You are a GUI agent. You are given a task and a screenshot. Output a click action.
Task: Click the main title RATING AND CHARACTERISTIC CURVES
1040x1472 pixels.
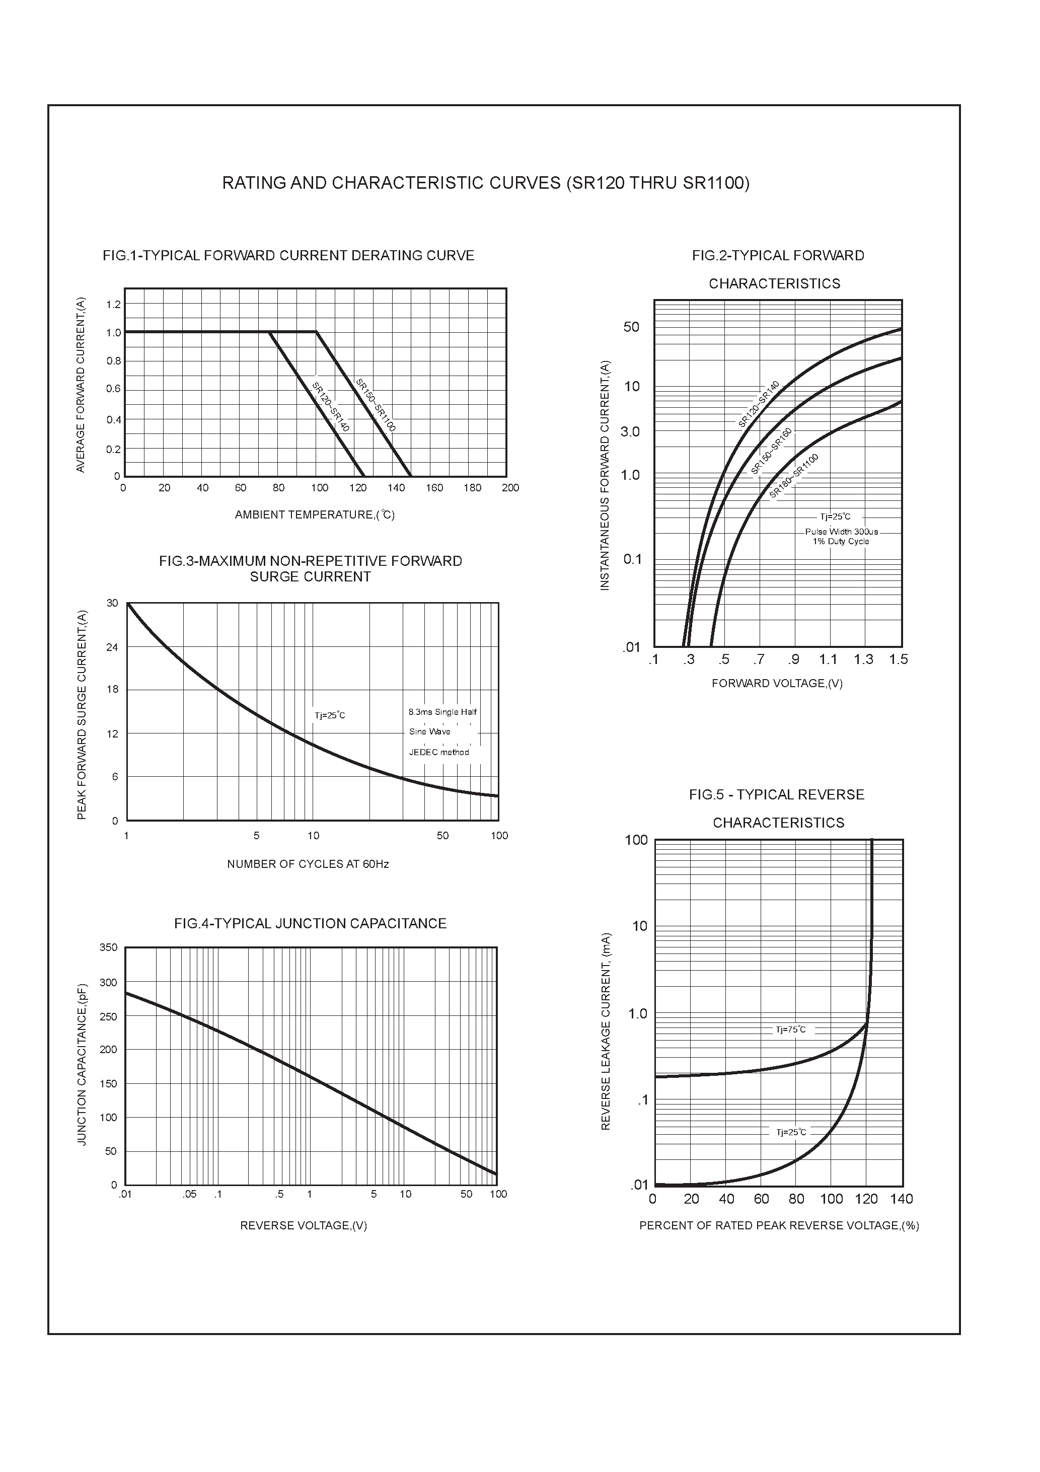485,183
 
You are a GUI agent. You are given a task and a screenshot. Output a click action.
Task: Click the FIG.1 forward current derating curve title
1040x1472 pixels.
288,256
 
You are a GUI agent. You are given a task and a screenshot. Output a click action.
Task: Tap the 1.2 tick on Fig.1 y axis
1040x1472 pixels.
113,305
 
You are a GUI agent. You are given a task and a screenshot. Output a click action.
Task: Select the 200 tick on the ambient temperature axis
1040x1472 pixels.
510,488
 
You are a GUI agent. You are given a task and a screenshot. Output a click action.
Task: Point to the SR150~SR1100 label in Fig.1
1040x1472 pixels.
376,405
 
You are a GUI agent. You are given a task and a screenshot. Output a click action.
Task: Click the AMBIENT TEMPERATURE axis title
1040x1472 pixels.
314,515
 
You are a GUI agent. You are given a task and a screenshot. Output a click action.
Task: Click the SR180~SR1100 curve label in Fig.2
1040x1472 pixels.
794,475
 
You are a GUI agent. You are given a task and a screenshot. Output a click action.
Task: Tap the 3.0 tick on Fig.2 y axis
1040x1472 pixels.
630,432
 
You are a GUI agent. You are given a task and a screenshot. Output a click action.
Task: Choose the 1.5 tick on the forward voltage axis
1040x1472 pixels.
899,659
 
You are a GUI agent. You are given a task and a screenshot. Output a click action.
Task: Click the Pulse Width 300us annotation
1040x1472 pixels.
841,532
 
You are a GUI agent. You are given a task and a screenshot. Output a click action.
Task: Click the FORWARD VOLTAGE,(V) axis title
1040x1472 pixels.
776,684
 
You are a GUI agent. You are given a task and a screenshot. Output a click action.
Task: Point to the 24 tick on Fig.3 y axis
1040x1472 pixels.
112,647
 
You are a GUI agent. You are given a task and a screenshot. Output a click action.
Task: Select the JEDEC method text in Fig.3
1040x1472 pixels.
439,753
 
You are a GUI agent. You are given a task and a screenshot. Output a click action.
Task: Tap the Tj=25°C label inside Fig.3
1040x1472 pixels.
330,715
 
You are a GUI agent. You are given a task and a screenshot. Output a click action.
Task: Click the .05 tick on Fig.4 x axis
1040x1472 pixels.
189,1195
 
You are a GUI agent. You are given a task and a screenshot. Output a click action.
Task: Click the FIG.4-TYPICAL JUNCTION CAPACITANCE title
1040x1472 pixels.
310,924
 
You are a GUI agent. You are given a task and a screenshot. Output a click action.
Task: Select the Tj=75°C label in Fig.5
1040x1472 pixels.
791,1029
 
